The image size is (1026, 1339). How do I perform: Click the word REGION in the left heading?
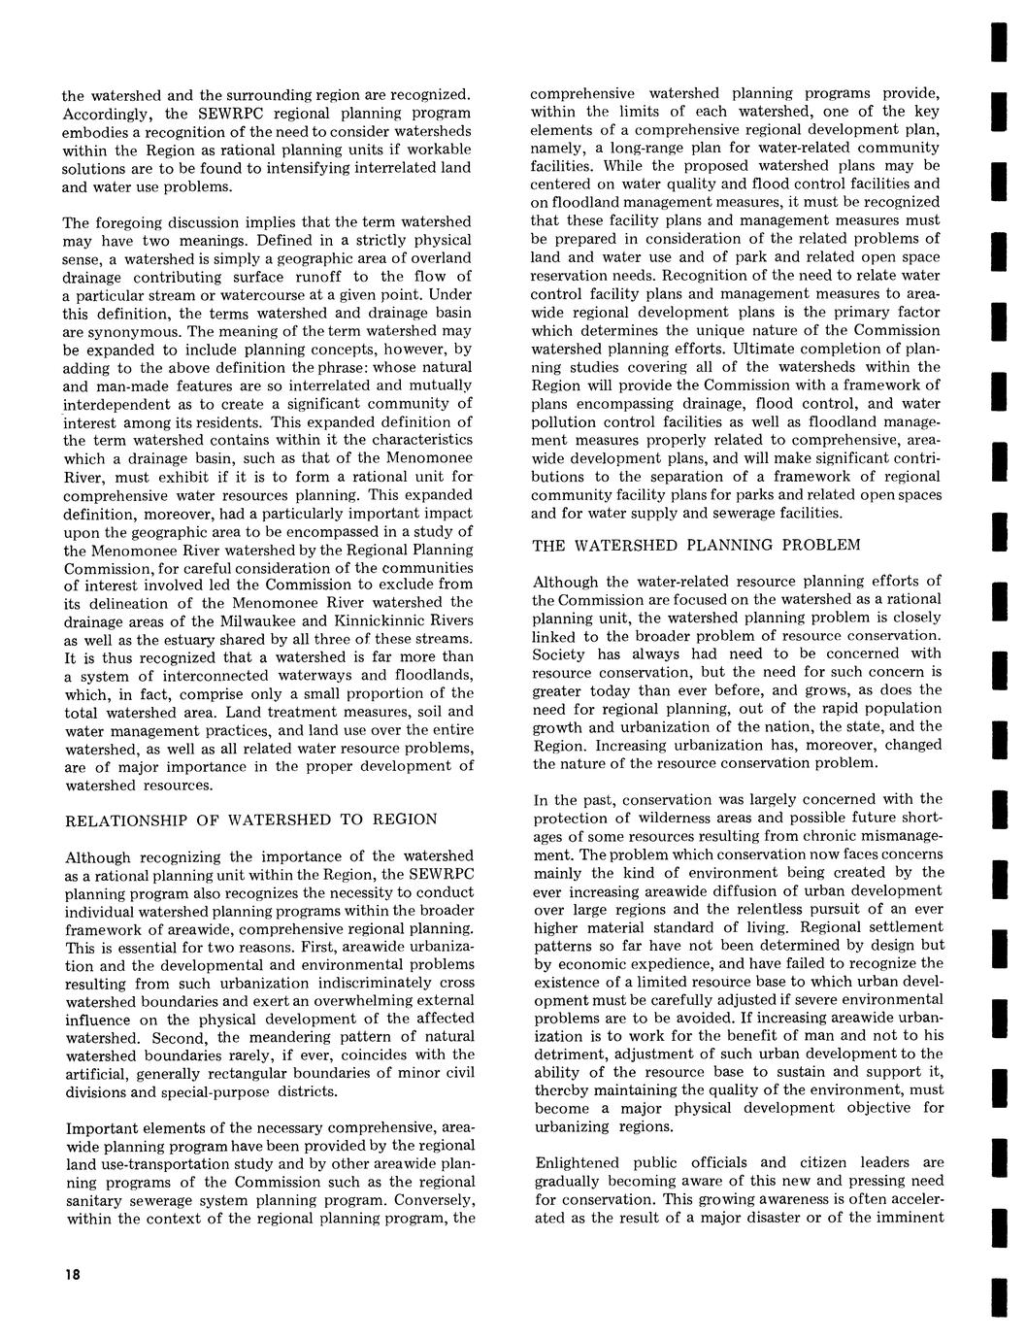403,819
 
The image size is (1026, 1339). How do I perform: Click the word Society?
559,653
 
